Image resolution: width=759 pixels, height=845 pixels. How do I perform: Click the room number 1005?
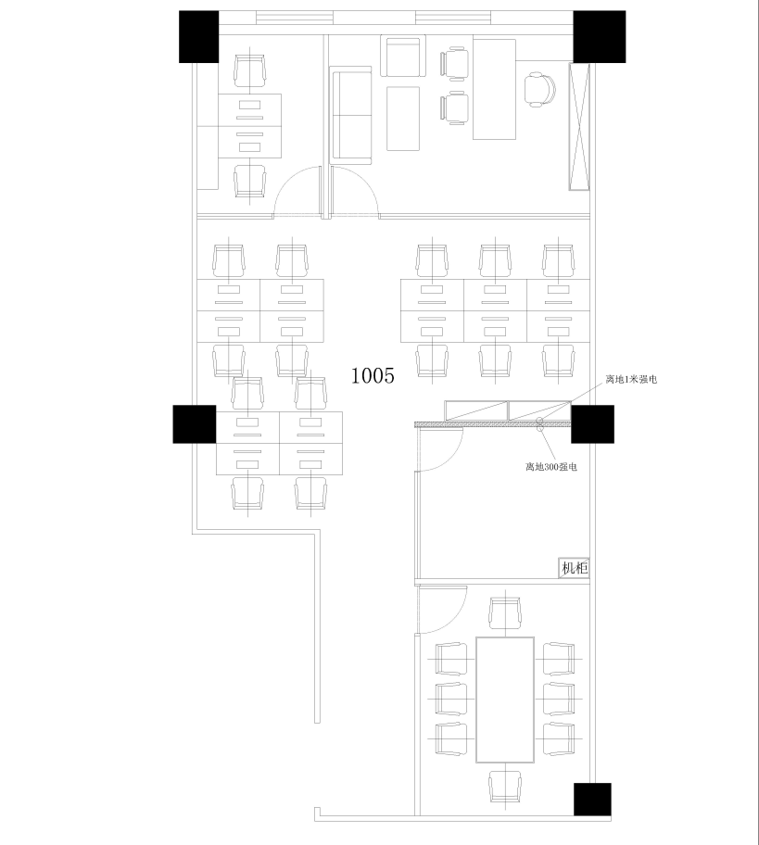click(373, 375)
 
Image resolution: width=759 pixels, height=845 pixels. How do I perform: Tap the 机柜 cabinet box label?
click(574, 568)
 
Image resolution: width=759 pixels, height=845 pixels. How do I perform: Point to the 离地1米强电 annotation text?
click(631, 379)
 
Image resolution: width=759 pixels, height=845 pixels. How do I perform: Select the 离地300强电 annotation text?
click(550, 467)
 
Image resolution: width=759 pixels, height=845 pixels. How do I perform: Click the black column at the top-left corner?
click(199, 37)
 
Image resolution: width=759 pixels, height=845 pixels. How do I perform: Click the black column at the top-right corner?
click(599, 37)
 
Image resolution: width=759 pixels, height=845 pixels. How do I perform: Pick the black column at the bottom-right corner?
click(592, 800)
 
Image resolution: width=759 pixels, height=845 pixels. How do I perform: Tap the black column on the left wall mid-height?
click(194, 424)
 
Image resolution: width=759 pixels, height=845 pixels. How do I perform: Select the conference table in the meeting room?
click(505, 700)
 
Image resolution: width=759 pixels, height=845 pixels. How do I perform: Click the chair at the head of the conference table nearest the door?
click(505, 612)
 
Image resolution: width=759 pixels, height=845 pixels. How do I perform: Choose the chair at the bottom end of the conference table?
click(505, 787)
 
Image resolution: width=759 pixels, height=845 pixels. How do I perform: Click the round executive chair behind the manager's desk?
click(539, 90)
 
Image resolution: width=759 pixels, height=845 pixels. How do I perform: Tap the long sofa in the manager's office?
click(351, 115)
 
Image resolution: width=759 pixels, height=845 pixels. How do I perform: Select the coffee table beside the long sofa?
click(403, 119)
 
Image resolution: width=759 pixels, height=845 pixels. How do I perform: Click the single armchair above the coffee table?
click(403, 56)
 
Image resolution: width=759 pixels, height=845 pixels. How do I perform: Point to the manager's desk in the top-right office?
click(494, 89)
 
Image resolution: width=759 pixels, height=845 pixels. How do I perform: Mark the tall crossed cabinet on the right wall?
click(579, 127)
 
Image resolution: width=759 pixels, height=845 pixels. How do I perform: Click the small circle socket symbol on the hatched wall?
click(539, 423)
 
